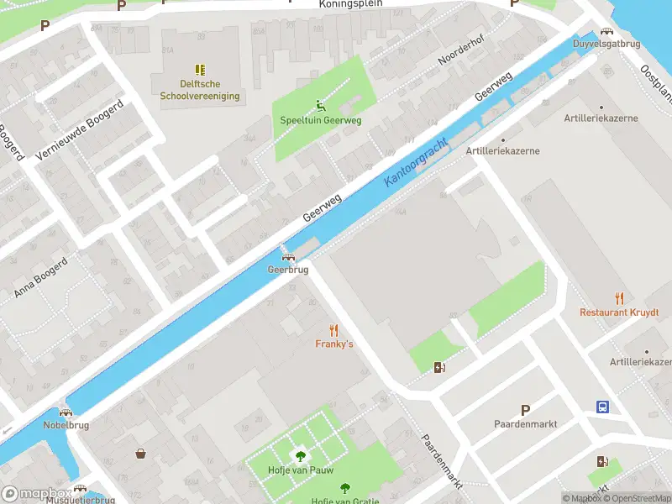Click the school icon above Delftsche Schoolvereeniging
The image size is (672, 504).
[200, 70]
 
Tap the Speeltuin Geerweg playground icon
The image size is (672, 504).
[320, 106]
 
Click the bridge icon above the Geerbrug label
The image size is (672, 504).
[288, 257]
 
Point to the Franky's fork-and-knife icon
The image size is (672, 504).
[334, 330]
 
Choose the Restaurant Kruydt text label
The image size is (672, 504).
[619, 312]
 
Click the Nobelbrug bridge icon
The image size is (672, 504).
[66, 412]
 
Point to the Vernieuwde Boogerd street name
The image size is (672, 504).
[80, 129]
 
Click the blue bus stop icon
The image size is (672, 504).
[603, 407]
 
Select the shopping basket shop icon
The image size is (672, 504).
[140, 454]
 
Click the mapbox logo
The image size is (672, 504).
[35, 493]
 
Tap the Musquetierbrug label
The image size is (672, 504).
[81, 500]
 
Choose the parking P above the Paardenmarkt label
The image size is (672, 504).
[525, 410]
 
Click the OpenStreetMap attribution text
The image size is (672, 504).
[637, 499]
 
